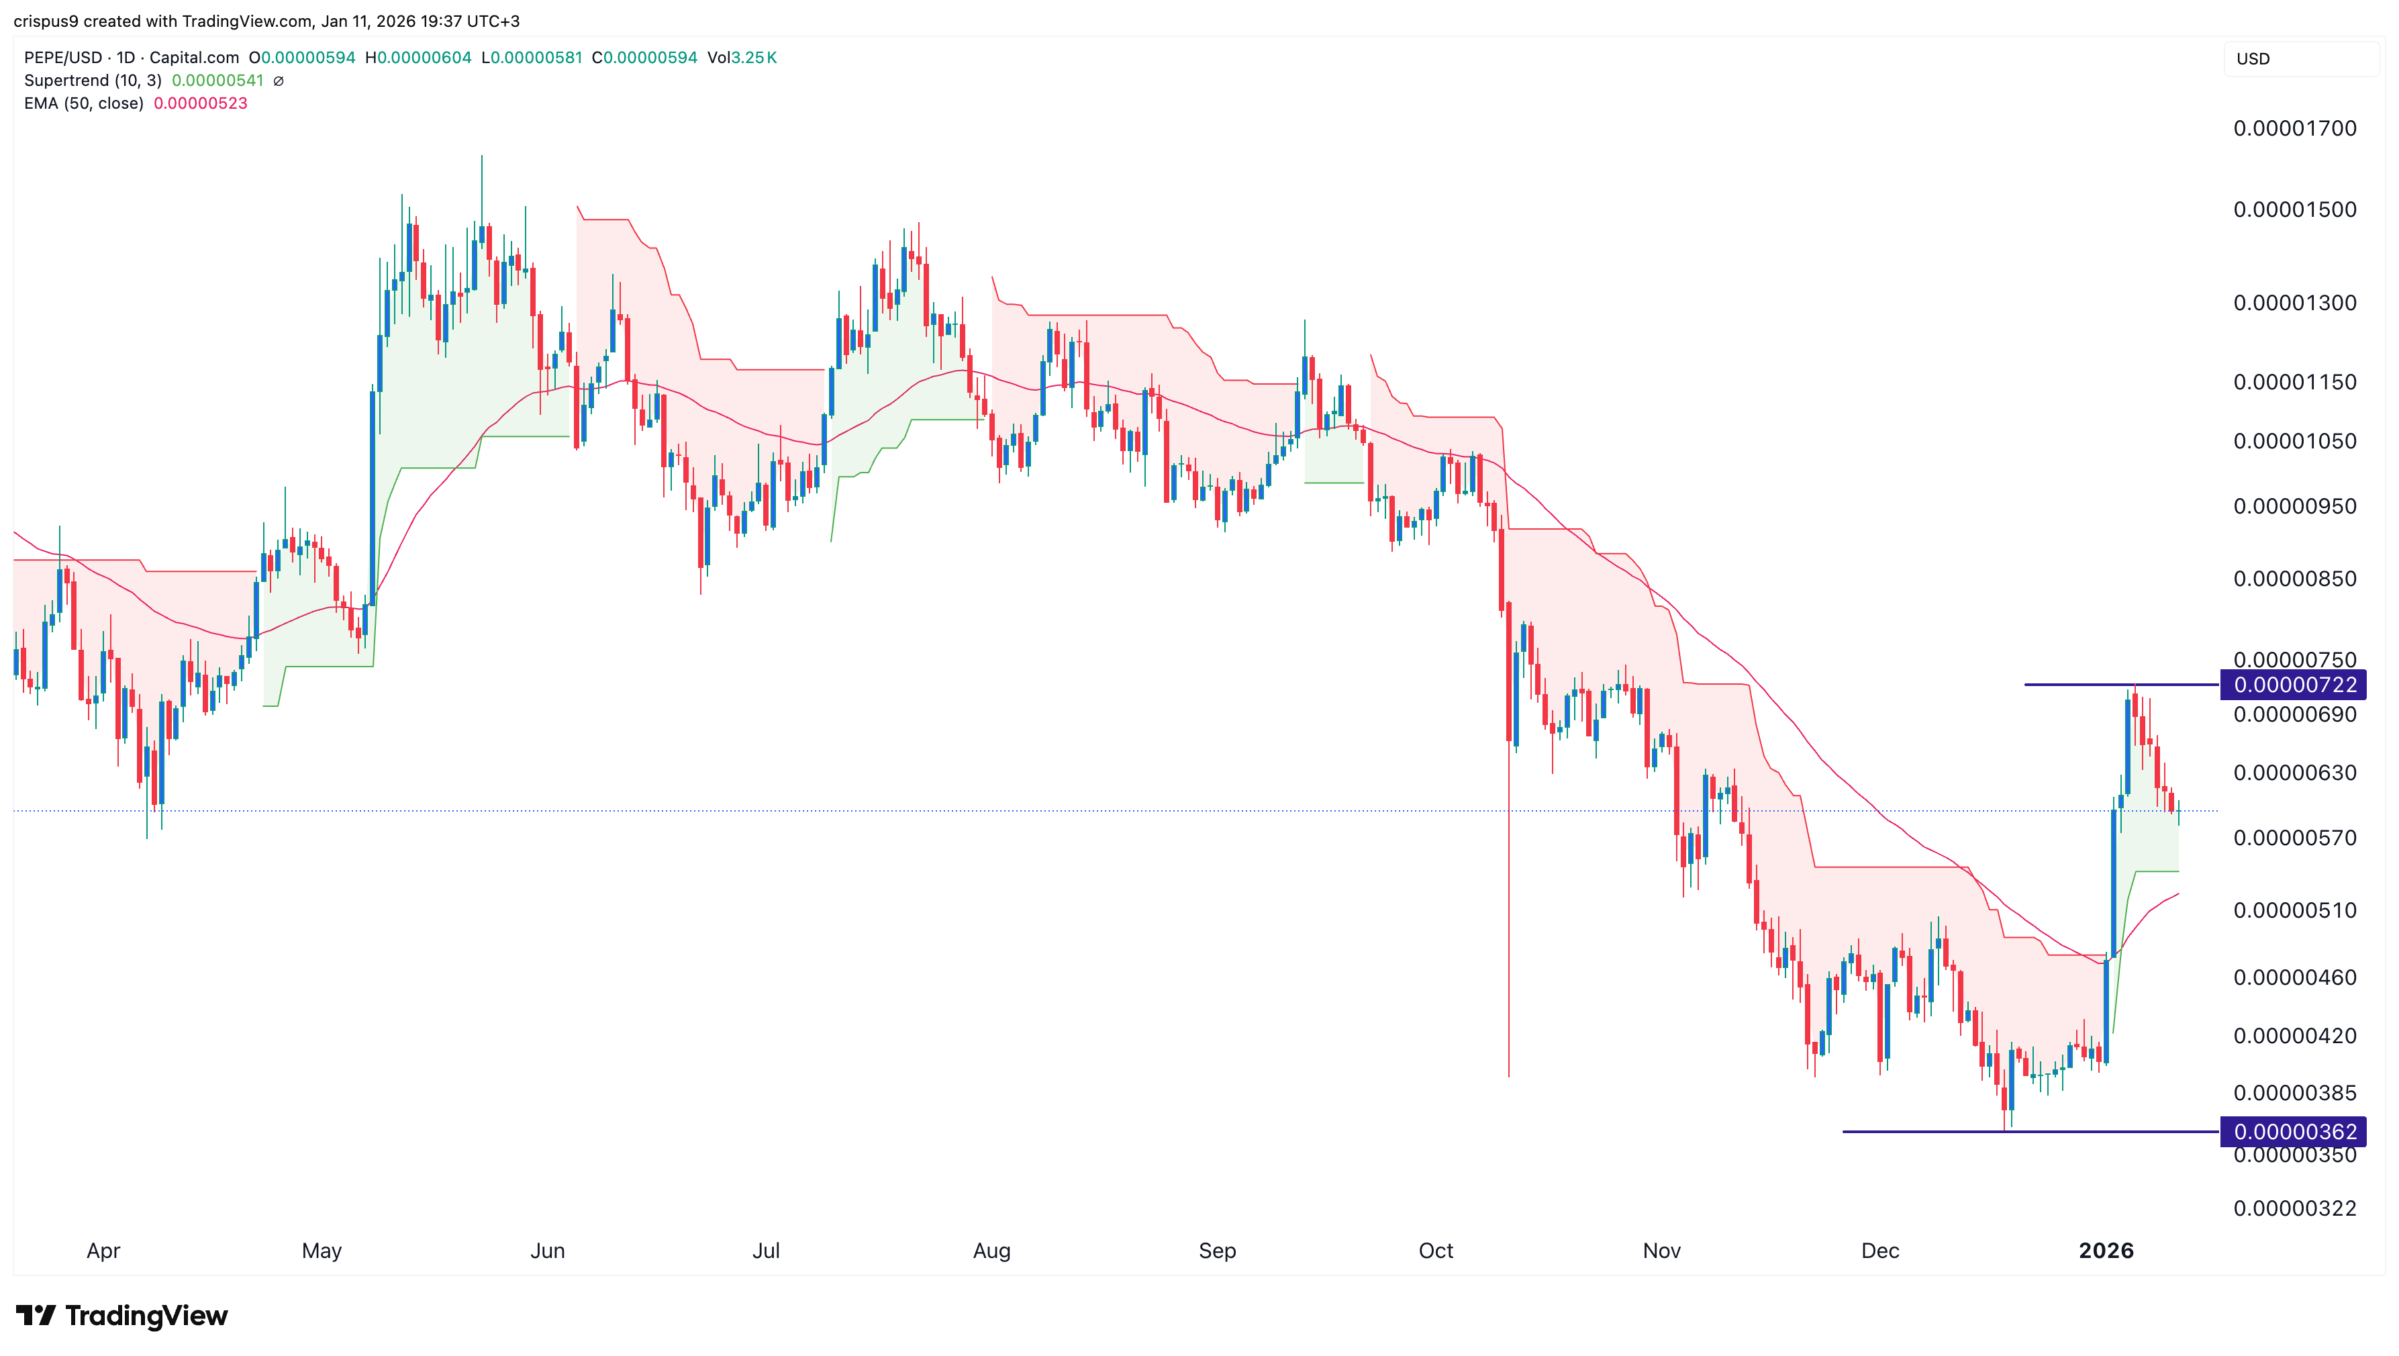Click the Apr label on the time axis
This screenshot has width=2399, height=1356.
point(103,1251)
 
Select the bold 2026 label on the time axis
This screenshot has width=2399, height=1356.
point(2106,1251)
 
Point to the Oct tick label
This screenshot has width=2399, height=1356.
point(1435,1251)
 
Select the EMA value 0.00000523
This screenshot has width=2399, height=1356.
point(200,103)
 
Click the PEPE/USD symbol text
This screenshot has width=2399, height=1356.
point(62,58)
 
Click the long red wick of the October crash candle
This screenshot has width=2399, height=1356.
point(1509,931)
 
